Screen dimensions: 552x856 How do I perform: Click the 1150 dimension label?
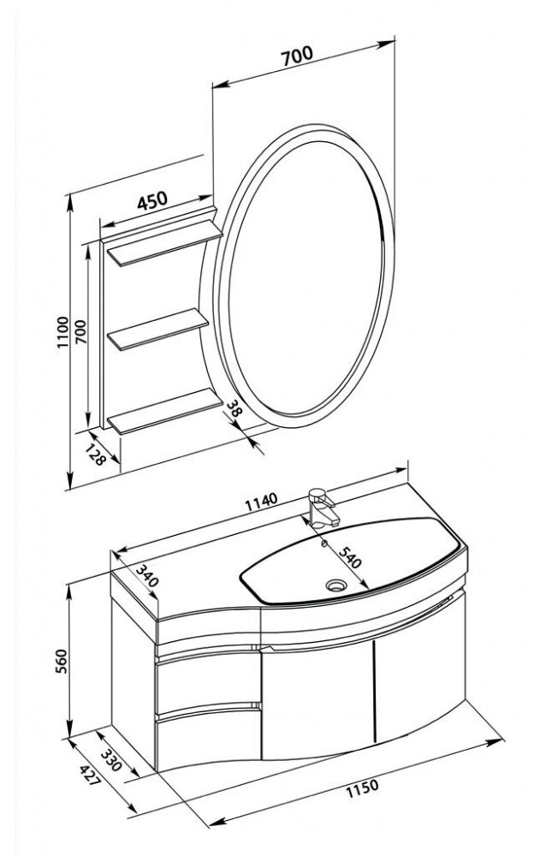(x=362, y=788)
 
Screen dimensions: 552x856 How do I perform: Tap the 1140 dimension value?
(x=261, y=501)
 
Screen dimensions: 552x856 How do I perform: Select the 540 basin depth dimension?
(x=350, y=556)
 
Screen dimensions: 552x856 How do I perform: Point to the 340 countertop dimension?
(x=146, y=576)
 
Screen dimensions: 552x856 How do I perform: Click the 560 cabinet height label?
(x=62, y=661)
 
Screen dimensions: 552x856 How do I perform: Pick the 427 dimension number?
(x=90, y=776)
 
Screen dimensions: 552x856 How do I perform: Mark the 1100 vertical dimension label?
(x=63, y=332)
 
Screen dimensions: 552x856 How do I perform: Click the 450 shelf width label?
(x=151, y=200)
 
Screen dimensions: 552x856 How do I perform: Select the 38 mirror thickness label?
(x=234, y=408)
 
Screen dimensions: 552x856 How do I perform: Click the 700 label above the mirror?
(x=297, y=56)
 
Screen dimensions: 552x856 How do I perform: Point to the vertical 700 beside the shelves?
(x=80, y=331)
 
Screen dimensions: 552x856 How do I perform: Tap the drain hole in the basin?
(x=335, y=586)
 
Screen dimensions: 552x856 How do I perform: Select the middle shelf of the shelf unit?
(x=158, y=329)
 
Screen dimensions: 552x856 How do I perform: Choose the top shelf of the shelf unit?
(x=165, y=243)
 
